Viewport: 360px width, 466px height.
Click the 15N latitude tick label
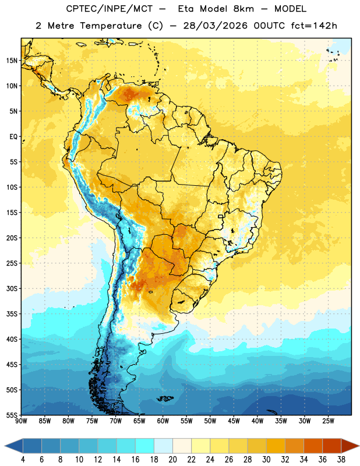click(12, 61)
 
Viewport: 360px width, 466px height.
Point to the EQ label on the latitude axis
click(13, 137)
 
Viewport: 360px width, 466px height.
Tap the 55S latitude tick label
click(12, 415)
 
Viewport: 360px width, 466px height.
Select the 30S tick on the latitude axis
click(12, 288)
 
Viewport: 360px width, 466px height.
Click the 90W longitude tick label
click(21, 421)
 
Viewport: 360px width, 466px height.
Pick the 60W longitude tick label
click(163, 421)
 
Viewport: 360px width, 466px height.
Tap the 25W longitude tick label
click(328, 421)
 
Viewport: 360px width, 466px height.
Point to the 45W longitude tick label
click(234, 421)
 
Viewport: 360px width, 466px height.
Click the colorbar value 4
click(23, 460)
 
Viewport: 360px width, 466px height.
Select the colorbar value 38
click(341, 460)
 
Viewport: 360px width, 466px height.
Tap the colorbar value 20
click(172, 460)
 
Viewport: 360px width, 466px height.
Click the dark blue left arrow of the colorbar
click(13, 446)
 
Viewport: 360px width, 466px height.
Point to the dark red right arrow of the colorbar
click(350, 446)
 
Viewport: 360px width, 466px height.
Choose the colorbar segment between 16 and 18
click(145, 446)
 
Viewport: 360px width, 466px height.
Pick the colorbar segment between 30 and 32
click(276, 446)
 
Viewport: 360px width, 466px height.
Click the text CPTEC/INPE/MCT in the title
click(110, 9)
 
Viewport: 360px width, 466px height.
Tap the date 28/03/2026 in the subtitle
click(215, 26)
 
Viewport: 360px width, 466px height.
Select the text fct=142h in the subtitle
click(314, 26)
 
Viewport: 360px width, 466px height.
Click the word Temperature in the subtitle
click(111, 26)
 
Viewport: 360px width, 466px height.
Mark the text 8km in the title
click(243, 9)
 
